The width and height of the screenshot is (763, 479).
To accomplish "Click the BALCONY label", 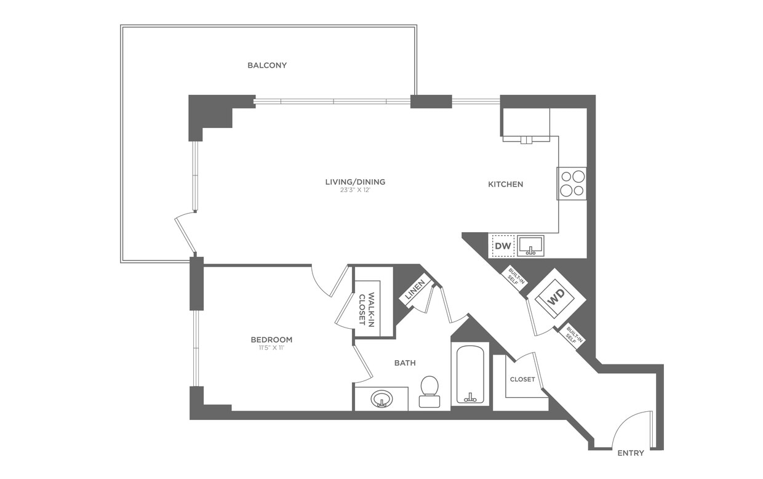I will [x=267, y=65].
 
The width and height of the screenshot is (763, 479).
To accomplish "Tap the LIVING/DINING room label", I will [x=355, y=182].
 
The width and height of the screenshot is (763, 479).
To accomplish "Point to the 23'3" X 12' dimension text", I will [x=355, y=190].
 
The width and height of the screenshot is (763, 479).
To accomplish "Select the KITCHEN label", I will [x=505, y=184].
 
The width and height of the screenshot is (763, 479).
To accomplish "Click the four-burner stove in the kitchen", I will [x=572, y=183].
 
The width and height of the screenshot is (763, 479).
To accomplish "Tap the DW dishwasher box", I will [x=503, y=246].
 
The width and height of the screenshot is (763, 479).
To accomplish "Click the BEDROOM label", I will [x=271, y=339].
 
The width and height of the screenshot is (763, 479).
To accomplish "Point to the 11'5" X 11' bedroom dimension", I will [x=271, y=348].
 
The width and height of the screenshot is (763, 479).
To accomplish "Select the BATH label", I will [x=405, y=363].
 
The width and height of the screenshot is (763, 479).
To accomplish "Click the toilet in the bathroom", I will [x=429, y=392].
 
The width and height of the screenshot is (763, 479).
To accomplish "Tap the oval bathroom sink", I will [x=382, y=400].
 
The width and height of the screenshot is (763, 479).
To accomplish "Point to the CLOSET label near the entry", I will [x=522, y=379].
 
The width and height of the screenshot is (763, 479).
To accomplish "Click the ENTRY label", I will [x=631, y=453].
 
